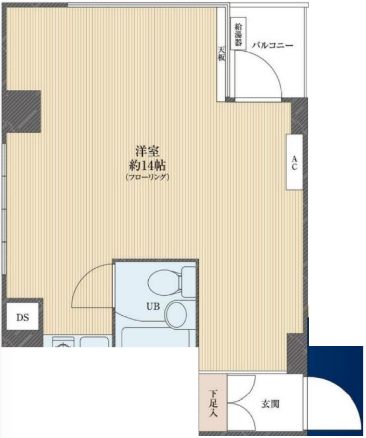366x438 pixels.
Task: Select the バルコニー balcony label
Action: (272, 45)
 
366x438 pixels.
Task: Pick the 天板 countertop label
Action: (222, 53)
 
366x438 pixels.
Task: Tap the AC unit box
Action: (294, 162)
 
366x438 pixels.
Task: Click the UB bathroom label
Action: (153, 307)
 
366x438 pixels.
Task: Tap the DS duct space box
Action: (22, 317)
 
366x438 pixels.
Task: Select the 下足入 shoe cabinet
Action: (213, 403)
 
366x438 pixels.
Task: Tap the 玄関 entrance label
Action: (270, 404)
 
